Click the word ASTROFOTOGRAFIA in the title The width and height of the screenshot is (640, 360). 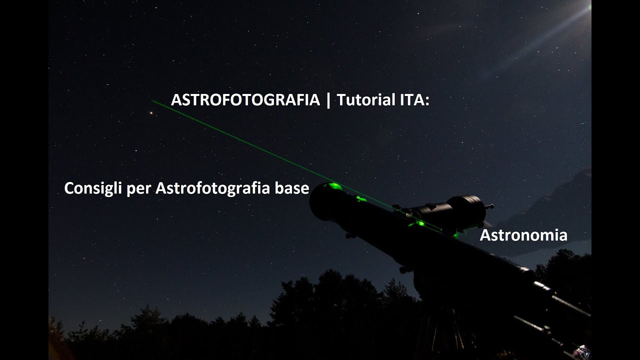click(245, 100)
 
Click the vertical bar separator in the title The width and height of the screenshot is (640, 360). click(328, 100)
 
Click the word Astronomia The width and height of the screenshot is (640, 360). click(523, 235)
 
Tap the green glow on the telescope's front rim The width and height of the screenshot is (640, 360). click(332, 186)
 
